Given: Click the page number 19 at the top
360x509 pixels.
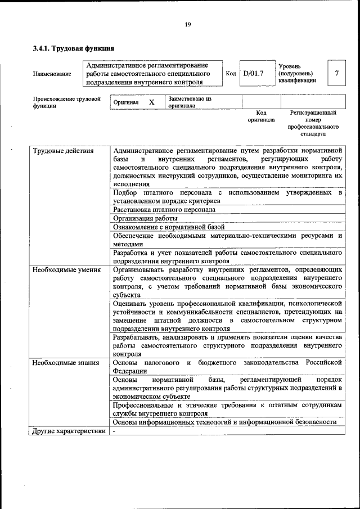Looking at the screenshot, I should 188,24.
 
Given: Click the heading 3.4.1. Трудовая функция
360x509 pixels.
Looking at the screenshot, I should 74,48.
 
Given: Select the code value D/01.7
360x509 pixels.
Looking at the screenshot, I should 253,73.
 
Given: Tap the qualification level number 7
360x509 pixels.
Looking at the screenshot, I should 336,73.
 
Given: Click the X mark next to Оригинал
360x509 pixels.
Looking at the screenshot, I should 151,102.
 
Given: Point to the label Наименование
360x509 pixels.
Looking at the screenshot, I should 52,74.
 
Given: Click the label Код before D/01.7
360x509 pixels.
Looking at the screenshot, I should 231,73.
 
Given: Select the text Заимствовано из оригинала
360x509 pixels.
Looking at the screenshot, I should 189,102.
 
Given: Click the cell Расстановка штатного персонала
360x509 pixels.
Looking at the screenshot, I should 164,209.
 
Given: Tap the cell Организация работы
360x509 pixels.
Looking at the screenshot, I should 145,218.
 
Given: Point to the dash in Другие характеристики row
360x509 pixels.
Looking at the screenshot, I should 114,431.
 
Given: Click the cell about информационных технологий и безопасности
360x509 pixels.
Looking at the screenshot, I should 224,422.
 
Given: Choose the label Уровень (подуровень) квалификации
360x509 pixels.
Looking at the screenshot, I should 296,73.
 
